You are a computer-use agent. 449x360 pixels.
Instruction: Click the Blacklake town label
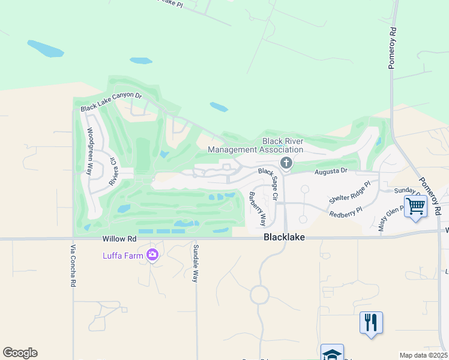(x=284, y=238)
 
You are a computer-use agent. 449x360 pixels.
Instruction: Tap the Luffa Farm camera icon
(x=152, y=256)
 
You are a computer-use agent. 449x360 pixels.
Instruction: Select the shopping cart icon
(x=415, y=207)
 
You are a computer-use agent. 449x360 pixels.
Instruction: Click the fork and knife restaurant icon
(x=371, y=323)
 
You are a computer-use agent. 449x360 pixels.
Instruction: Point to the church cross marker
(x=286, y=163)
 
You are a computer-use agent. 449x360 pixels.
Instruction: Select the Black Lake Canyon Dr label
(x=111, y=103)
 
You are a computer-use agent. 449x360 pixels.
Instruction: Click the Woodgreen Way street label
(x=90, y=151)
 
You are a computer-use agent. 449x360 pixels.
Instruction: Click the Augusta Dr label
(x=331, y=171)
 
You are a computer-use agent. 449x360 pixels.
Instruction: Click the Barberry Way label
(x=258, y=208)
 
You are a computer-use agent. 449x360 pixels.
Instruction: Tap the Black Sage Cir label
(x=268, y=184)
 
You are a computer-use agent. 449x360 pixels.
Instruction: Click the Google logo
(x=20, y=353)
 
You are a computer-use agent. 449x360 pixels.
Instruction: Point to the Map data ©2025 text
(x=423, y=355)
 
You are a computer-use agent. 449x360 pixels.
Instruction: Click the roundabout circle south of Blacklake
(x=260, y=295)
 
